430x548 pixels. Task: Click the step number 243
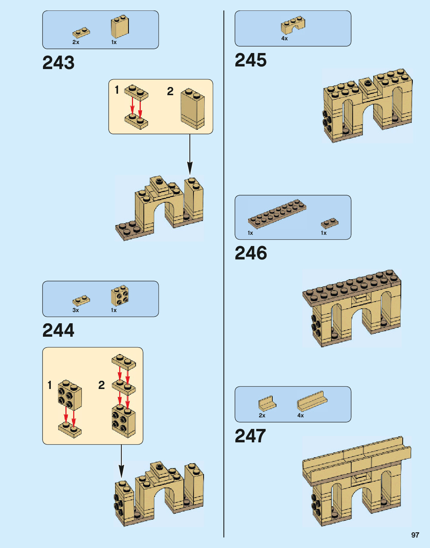tap(58, 63)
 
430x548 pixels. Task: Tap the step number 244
tap(58, 330)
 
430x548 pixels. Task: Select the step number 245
tap(251, 60)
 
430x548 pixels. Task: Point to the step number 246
tap(251, 253)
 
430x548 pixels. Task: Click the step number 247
tap(250, 436)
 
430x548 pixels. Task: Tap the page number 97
tap(415, 535)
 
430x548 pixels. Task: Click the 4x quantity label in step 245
tap(284, 38)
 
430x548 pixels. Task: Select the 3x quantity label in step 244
tap(75, 310)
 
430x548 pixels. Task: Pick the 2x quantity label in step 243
tap(75, 42)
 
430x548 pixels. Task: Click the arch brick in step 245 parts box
tap(293, 25)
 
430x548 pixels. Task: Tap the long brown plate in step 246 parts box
tap(277, 214)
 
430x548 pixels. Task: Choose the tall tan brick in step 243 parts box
tap(120, 27)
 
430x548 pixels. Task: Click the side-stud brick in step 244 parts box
tap(120, 296)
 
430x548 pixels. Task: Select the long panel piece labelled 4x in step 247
tap(312, 401)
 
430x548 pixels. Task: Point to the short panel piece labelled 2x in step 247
tap(267, 403)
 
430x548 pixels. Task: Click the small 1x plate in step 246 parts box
tap(330, 223)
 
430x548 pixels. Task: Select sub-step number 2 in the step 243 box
tap(170, 91)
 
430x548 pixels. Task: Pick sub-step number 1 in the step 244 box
tap(49, 385)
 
